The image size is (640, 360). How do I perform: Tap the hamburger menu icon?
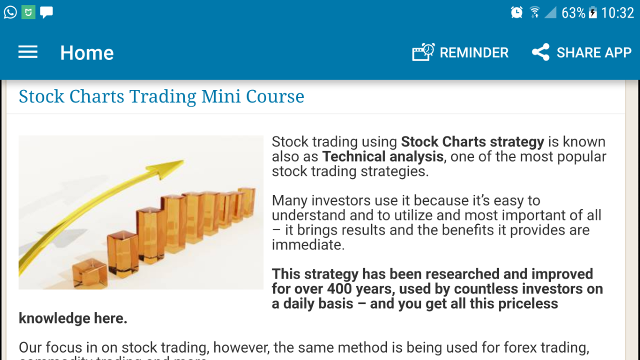(28, 52)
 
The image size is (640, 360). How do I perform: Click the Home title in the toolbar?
(87, 53)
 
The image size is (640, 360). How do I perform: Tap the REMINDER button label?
(474, 52)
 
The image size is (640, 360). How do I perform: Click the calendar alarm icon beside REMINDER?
(423, 52)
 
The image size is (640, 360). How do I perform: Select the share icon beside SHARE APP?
(540, 52)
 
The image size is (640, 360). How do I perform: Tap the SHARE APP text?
(594, 52)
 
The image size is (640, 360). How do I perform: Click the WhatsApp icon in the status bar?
(10, 12)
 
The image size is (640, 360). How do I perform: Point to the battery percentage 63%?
(573, 13)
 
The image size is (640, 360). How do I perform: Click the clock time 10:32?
(617, 13)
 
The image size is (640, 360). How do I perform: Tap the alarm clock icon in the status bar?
(516, 12)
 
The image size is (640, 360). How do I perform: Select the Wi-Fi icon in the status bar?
(534, 12)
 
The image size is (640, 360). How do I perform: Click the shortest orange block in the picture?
(89, 272)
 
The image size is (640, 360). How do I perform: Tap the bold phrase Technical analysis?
(383, 156)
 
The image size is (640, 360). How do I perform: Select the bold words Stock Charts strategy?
(472, 142)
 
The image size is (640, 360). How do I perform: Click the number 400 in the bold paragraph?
(340, 289)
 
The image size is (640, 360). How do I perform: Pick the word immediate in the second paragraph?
(306, 245)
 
